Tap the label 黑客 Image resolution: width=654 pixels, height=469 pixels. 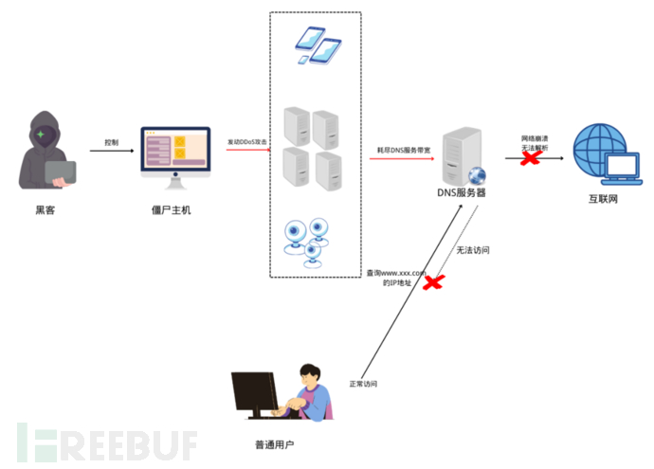[45, 209]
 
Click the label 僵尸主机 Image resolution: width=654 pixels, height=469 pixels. [172, 209]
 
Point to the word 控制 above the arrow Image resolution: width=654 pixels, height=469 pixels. [112, 142]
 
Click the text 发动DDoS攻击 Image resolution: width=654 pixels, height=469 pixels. [248, 142]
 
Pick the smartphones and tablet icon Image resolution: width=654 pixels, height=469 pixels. [317, 45]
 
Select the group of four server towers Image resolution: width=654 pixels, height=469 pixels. [312, 150]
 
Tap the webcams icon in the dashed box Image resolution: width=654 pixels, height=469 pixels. [311, 240]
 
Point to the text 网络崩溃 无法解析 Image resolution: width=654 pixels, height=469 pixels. [535, 142]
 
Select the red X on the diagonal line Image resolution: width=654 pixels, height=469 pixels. [434, 281]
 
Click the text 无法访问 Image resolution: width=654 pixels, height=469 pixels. [472, 251]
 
